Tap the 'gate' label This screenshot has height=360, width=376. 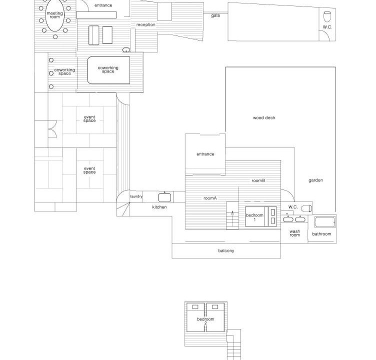coord(215,15)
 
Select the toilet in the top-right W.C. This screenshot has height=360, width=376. coord(327,17)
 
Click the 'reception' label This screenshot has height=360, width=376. coord(146,24)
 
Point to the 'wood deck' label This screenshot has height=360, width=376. coord(264,118)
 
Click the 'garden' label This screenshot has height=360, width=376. coord(315,180)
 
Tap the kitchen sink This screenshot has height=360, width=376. coord(164,197)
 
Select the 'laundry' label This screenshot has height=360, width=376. coord(136,196)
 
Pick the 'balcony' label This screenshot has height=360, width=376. coord(226,250)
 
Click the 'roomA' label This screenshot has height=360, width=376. coord(210,198)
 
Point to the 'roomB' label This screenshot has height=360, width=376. coord(258,180)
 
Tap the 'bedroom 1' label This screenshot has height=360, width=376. coord(254,217)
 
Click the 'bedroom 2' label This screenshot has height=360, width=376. coord(205,321)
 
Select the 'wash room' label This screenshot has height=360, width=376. coord(294,233)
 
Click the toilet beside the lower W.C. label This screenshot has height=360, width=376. coord(306,208)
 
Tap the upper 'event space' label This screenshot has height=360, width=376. coord(89,118)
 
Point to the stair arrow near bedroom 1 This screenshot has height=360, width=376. coord(232,219)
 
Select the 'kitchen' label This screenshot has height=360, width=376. coord(159,207)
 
